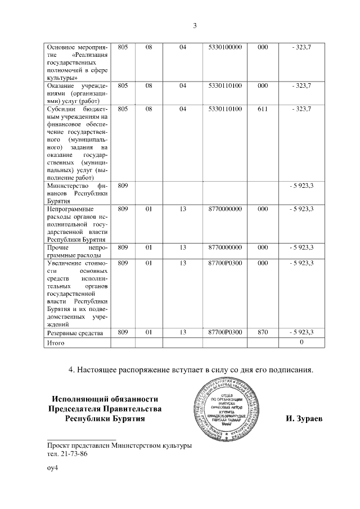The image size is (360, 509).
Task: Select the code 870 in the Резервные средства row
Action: pyautogui.click(x=262, y=332)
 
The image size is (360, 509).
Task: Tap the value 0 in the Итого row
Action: pyautogui.click(x=301, y=343)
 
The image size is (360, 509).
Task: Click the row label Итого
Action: pyautogui.click(x=56, y=343)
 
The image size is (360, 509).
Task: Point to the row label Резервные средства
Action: pyautogui.click(x=75, y=333)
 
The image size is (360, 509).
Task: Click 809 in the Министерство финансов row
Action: pyautogui.click(x=123, y=184)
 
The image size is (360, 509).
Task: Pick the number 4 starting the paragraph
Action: pyautogui.click(x=71, y=370)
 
